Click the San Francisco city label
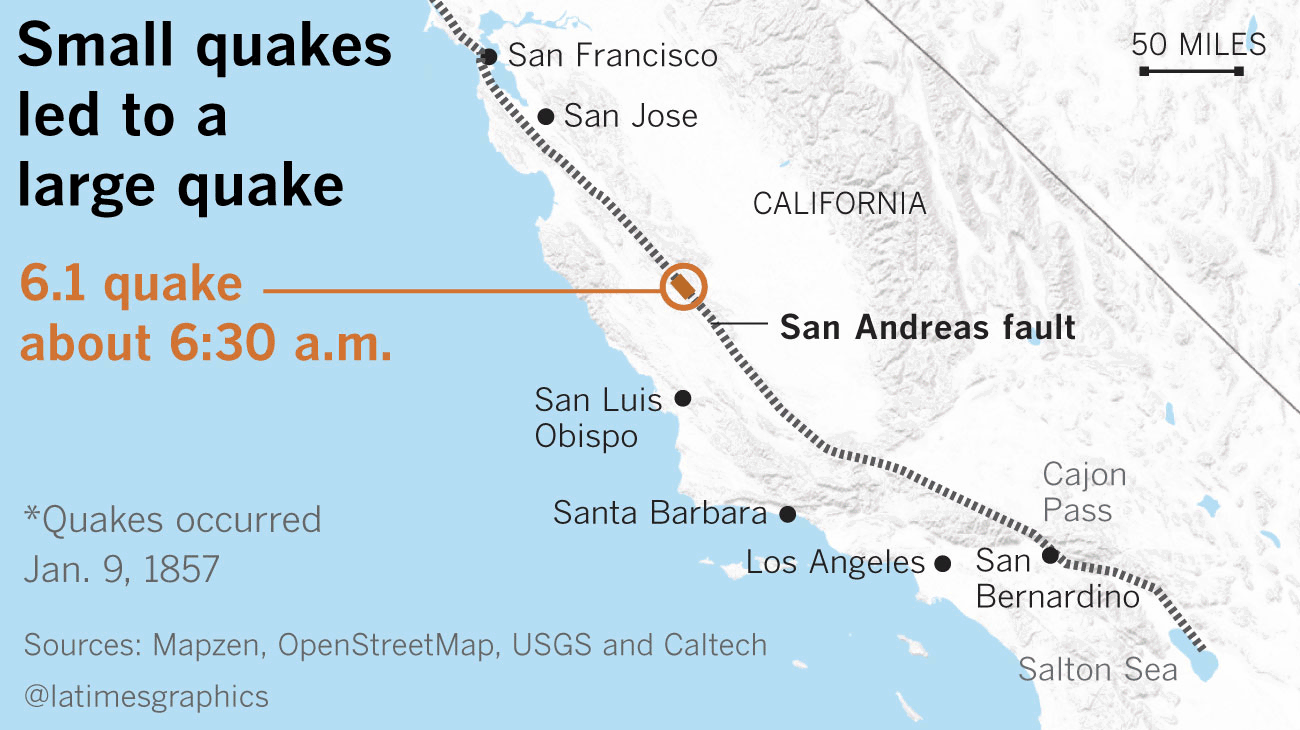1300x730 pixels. [x=612, y=55]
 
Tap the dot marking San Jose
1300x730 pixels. [x=546, y=117]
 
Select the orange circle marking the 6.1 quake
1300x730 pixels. [x=685, y=286]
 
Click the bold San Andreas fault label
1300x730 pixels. [x=927, y=327]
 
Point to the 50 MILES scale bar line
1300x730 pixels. [x=1190, y=71]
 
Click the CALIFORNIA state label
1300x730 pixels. [x=839, y=204]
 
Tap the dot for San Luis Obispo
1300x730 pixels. [x=683, y=398]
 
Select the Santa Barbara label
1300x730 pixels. [x=659, y=513]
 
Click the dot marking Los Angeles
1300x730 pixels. [x=941, y=564]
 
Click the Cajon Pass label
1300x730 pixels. [x=1084, y=492]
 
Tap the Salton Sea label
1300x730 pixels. [x=1098, y=669]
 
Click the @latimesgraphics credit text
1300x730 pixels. [x=146, y=696]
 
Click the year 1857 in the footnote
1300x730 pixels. [x=181, y=568]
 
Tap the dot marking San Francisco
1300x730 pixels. [x=489, y=56]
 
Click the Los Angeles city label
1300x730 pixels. [x=835, y=563]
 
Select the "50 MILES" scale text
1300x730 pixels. [x=1199, y=45]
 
